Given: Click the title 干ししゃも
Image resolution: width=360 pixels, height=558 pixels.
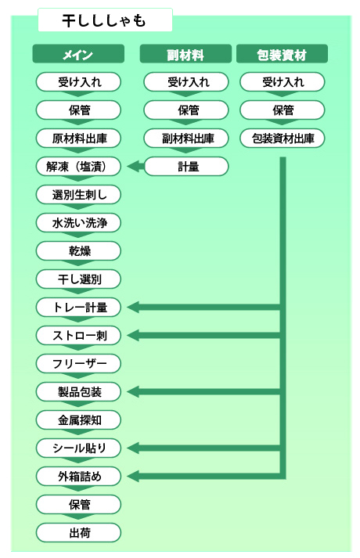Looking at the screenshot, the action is click(x=104, y=20).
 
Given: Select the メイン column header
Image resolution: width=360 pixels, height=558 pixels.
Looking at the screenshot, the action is click(x=78, y=54).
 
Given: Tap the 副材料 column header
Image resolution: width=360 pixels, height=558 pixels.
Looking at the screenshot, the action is click(x=185, y=54).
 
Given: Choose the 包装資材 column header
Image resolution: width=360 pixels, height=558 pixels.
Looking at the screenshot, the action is click(x=282, y=54).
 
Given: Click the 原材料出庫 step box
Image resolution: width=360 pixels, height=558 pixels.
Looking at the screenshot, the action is click(x=78, y=138).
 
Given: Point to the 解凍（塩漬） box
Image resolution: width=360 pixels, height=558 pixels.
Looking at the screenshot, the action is click(x=78, y=166).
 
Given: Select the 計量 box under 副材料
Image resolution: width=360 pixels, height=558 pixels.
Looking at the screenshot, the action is click(x=186, y=166).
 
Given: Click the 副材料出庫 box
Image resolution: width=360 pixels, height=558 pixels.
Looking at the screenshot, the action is click(x=186, y=138).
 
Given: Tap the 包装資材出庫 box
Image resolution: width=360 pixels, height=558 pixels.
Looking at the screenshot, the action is click(x=283, y=138).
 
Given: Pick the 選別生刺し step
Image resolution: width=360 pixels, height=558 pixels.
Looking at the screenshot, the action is click(x=78, y=194).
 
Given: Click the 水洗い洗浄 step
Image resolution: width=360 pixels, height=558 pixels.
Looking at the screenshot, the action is click(x=78, y=222).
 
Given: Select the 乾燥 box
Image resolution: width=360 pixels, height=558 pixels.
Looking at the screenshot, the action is click(x=78, y=251).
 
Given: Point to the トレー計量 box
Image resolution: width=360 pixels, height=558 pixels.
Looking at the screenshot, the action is click(x=78, y=307).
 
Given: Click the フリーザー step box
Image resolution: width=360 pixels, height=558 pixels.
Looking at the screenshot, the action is click(x=78, y=363).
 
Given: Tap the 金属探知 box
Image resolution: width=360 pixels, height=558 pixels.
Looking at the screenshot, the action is click(x=78, y=420).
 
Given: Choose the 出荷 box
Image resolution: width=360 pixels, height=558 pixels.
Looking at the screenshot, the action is click(x=78, y=532).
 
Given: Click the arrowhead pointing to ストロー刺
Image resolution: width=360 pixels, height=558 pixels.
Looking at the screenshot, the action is click(x=133, y=335).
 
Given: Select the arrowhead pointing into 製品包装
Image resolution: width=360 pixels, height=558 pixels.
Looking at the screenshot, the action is click(x=133, y=392).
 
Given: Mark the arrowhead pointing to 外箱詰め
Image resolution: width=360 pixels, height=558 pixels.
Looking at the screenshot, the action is click(x=133, y=476).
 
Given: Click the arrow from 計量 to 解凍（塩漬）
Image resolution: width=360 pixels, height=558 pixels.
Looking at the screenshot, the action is click(x=135, y=166).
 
